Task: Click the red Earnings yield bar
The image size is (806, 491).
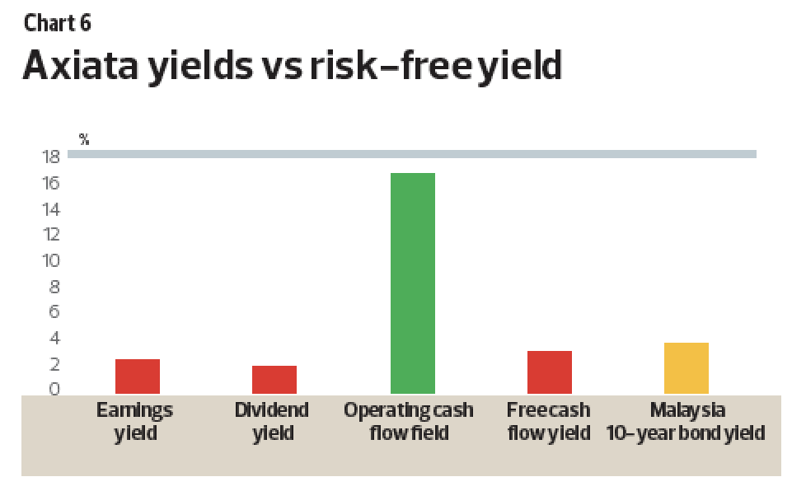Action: (138, 376)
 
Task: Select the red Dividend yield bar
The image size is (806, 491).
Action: (274, 380)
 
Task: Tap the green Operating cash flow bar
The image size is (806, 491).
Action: (413, 283)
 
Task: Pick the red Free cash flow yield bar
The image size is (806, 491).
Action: (550, 372)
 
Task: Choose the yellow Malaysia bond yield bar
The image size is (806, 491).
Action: (687, 368)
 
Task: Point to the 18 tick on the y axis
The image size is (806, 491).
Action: (51, 157)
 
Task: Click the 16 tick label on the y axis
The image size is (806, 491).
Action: (51, 183)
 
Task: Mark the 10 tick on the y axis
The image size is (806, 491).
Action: (51, 260)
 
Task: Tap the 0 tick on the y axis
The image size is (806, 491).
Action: (54, 389)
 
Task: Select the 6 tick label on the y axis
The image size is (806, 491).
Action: (54, 311)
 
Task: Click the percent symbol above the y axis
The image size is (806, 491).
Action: (84, 139)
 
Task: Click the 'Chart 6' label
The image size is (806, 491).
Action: (58, 23)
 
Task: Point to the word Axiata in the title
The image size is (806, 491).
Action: (81, 66)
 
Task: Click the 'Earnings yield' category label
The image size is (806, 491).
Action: (134, 422)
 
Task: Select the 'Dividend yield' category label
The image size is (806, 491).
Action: (272, 422)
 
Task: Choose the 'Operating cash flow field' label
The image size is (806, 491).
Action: (409, 422)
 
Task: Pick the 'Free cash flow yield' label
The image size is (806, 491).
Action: (549, 422)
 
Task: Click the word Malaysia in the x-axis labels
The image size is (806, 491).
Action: (688, 410)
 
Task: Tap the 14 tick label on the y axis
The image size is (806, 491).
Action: (51, 209)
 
